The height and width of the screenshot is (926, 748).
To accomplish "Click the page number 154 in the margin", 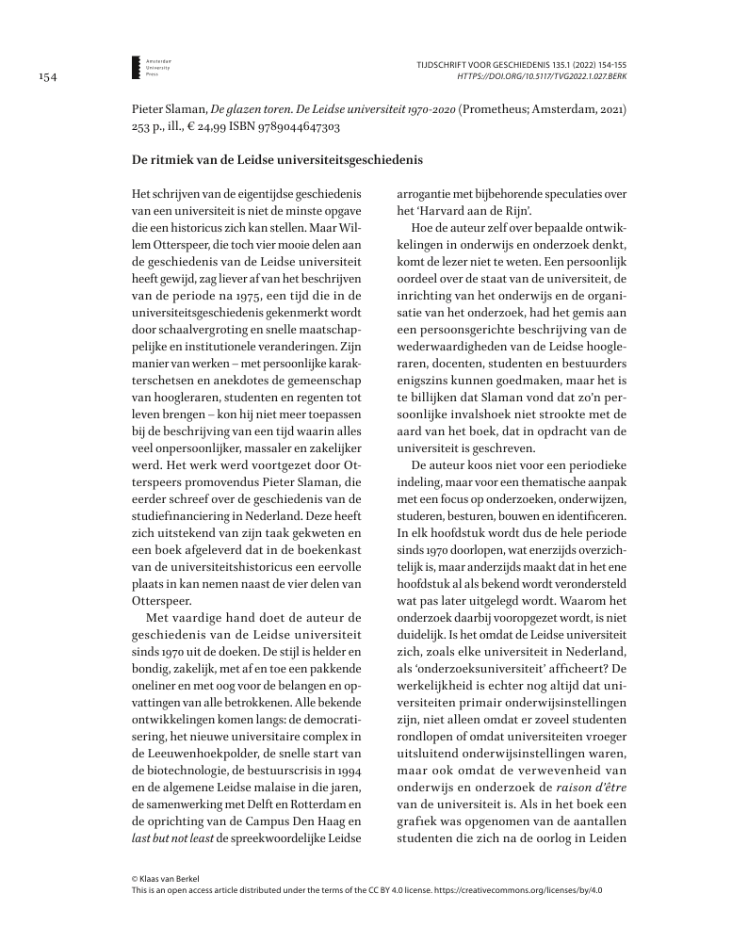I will coord(46,78).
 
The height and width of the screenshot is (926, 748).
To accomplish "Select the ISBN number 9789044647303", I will coord(292,125).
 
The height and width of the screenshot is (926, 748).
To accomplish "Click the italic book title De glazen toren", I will coord(244,109).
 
